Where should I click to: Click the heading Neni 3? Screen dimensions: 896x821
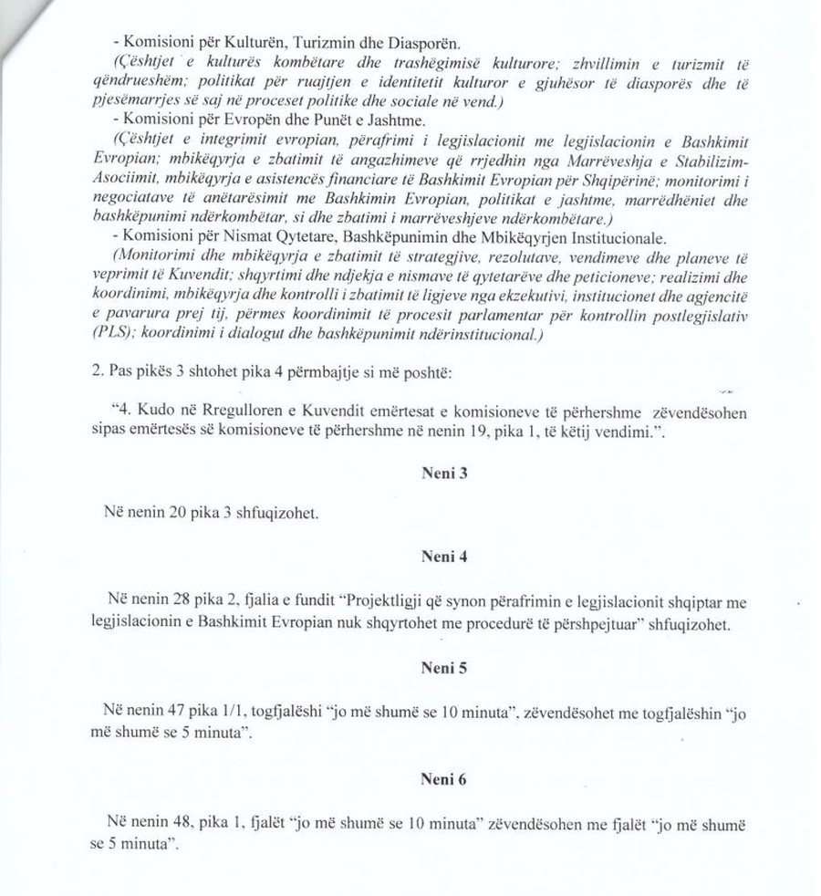[438, 474]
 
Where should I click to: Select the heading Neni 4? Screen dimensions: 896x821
[438, 555]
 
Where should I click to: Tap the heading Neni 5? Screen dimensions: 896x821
[438, 668]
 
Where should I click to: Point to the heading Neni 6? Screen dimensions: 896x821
[438, 781]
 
